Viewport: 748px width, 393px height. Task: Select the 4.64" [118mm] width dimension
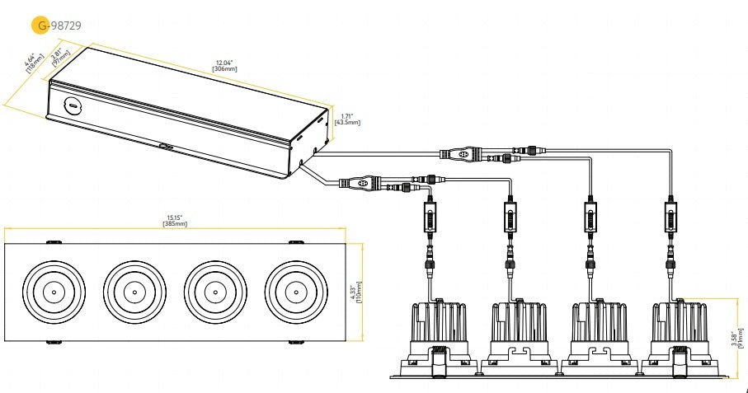pos(31,63)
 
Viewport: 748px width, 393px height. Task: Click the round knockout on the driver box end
pos(73,105)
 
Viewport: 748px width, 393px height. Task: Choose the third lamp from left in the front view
pos(213,292)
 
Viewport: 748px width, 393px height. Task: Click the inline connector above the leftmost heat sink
pos(430,219)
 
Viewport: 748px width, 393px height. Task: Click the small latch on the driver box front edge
pos(166,147)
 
